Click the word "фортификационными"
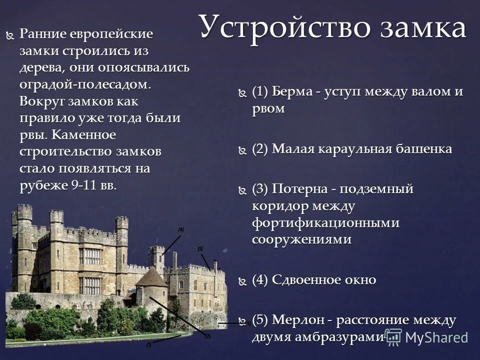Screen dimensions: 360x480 click(x=325, y=222)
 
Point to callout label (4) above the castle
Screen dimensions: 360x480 click(x=181, y=229)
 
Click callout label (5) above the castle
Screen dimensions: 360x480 click(x=200, y=248)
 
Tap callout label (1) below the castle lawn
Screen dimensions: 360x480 click(x=148, y=344)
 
